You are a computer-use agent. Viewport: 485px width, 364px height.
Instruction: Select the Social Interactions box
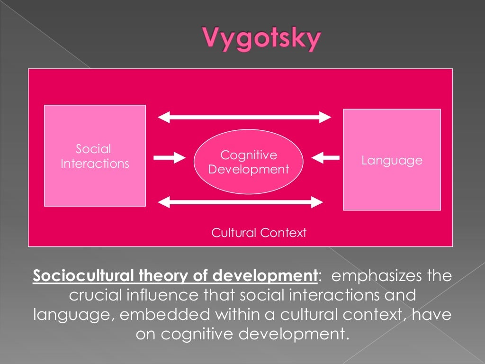point(95,155)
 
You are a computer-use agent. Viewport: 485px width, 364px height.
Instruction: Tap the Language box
point(392,160)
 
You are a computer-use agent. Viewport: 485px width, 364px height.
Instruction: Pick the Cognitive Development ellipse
point(248,162)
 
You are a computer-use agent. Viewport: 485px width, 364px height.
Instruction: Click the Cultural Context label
point(259,233)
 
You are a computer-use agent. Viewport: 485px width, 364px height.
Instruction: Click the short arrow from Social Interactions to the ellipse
point(168,157)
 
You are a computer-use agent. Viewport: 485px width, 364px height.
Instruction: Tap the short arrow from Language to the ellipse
point(326,157)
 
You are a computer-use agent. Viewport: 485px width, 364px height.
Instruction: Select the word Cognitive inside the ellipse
point(249,155)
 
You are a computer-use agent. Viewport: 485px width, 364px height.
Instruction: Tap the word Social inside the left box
point(93,149)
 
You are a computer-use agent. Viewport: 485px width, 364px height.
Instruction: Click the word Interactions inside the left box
point(95,164)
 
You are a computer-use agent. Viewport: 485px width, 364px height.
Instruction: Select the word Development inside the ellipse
point(249,169)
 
